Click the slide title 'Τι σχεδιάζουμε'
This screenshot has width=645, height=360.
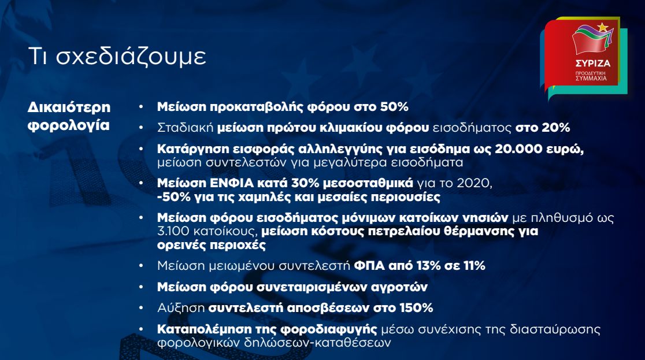pos(117,57)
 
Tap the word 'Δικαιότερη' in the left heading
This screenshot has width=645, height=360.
pos(69,107)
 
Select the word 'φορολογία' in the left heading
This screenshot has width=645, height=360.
pos(69,125)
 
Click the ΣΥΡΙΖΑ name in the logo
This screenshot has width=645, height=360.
pos(593,64)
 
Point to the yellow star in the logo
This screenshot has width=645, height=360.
pos(603,27)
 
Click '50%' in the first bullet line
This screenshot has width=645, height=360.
pos(394,107)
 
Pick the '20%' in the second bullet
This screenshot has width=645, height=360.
pos(555,128)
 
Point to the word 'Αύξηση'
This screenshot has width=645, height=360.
pos(181,308)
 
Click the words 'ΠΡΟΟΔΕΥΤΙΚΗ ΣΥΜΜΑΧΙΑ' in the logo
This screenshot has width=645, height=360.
pos(591,76)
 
